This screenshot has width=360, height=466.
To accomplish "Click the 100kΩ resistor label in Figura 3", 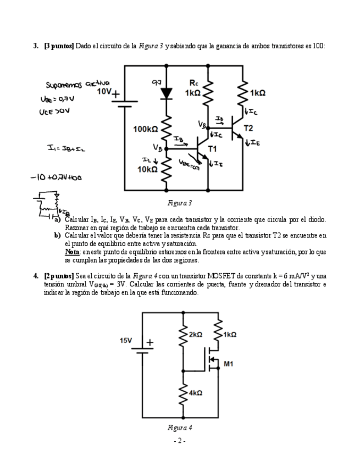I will tap(145, 129).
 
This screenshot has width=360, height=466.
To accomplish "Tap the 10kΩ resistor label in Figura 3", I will tap(147, 169).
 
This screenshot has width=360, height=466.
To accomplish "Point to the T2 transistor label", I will tap(248, 128).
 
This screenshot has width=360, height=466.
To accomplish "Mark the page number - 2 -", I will tap(180, 441).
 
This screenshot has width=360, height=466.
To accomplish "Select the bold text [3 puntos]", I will tap(59, 46).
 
